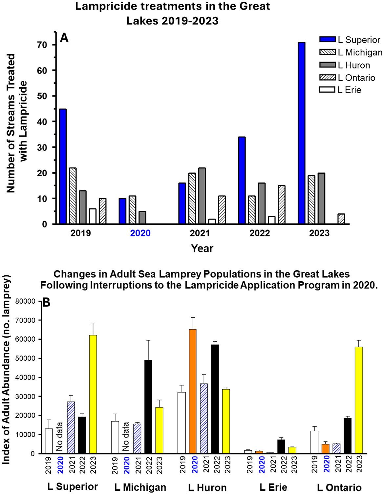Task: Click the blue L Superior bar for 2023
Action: (301, 133)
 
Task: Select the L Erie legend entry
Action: (349, 90)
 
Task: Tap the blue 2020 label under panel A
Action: (140, 233)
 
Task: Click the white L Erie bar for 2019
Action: (93, 216)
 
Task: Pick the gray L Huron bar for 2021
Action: (202, 196)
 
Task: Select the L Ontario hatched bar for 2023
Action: (341, 219)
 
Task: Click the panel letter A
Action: (64, 38)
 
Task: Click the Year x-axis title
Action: (202, 248)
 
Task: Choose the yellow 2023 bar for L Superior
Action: (93, 394)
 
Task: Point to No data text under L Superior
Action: (59, 437)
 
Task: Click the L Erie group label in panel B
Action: (273, 487)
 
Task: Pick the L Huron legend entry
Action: (353, 65)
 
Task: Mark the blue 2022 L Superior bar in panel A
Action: (242, 181)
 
